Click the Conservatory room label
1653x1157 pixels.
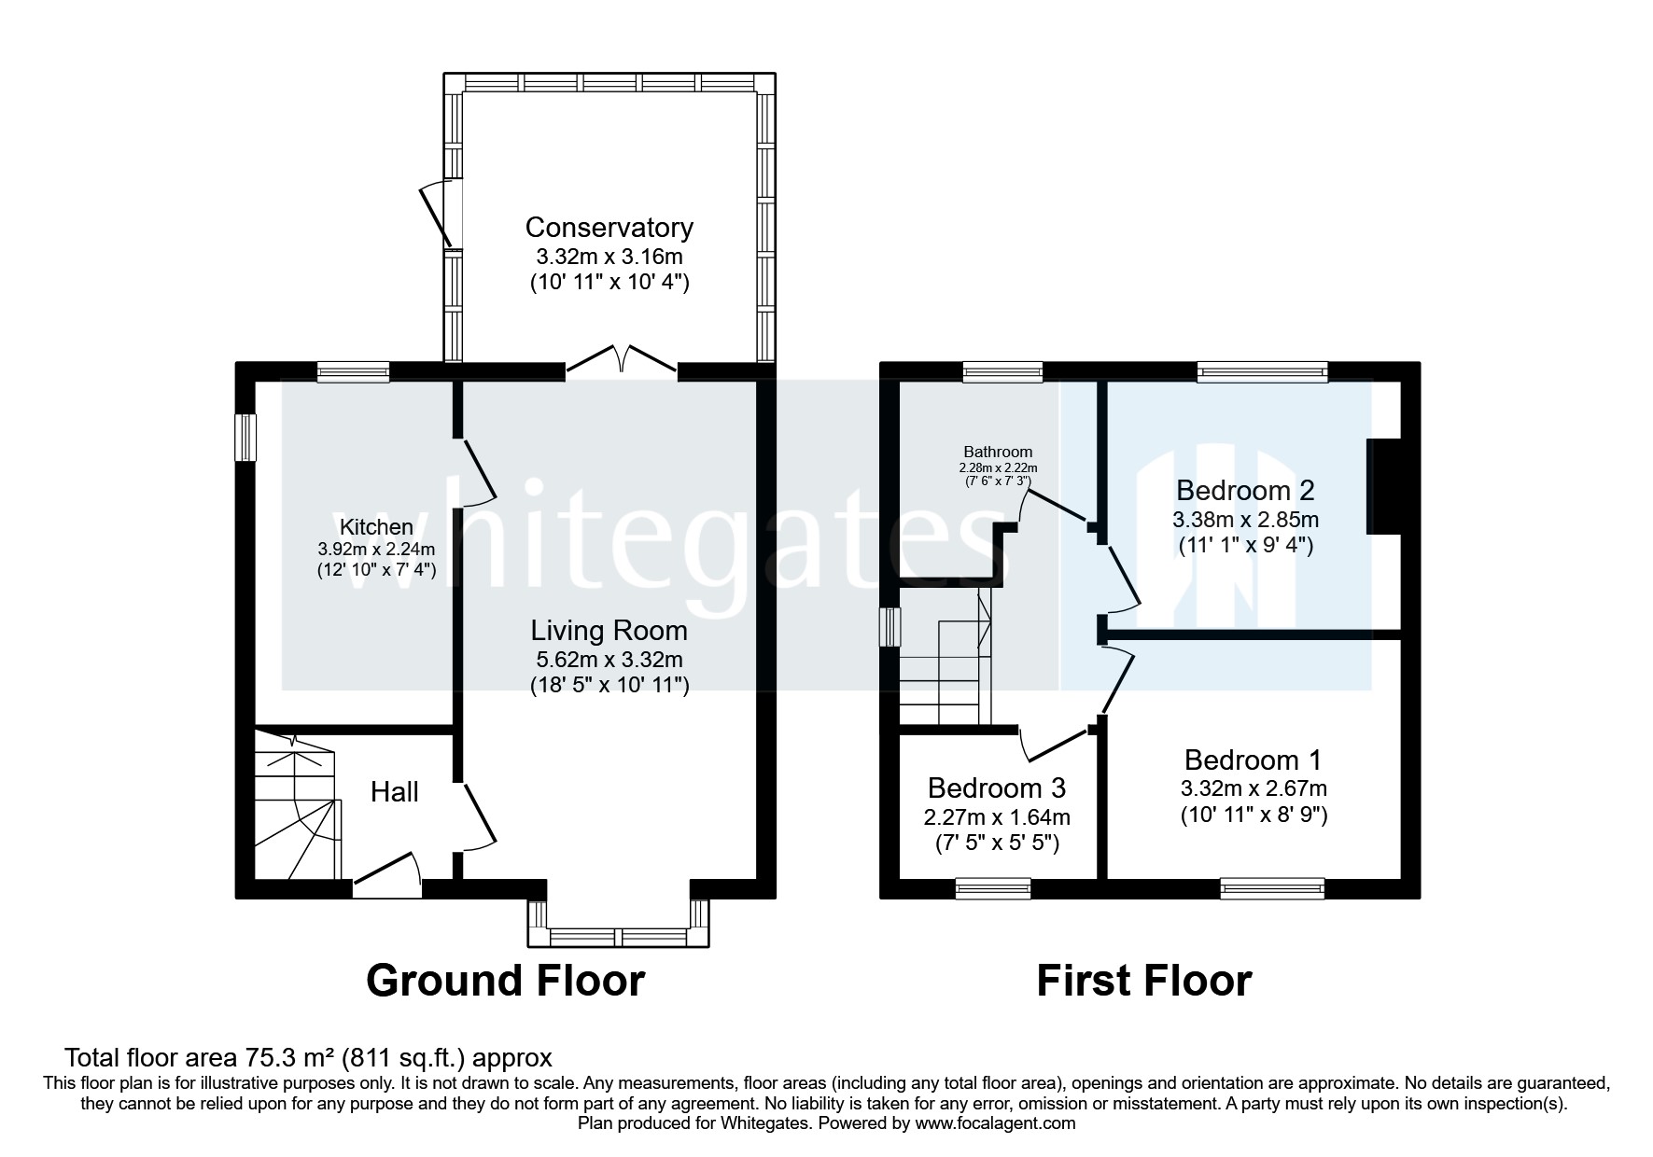[x=609, y=228]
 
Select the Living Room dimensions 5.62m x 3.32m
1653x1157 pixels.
[x=609, y=659]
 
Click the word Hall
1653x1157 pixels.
[x=394, y=793]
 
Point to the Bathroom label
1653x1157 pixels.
[x=998, y=452]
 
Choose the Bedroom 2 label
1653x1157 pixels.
[x=1245, y=490]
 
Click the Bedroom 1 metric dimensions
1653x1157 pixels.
[x=1253, y=788]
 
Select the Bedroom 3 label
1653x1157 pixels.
[x=996, y=788]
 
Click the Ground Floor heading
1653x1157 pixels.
[x=505, y=981]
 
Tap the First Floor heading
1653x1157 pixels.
[x=1143, y=981]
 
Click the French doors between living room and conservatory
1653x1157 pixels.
[x=621, y=360]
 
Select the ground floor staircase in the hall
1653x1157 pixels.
[x=297, y=807]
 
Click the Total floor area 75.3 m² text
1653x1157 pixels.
[x=308, y=1058]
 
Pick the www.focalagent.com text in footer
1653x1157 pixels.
[x=995, y=1123]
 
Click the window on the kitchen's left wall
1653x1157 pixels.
[x=245, y=437]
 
